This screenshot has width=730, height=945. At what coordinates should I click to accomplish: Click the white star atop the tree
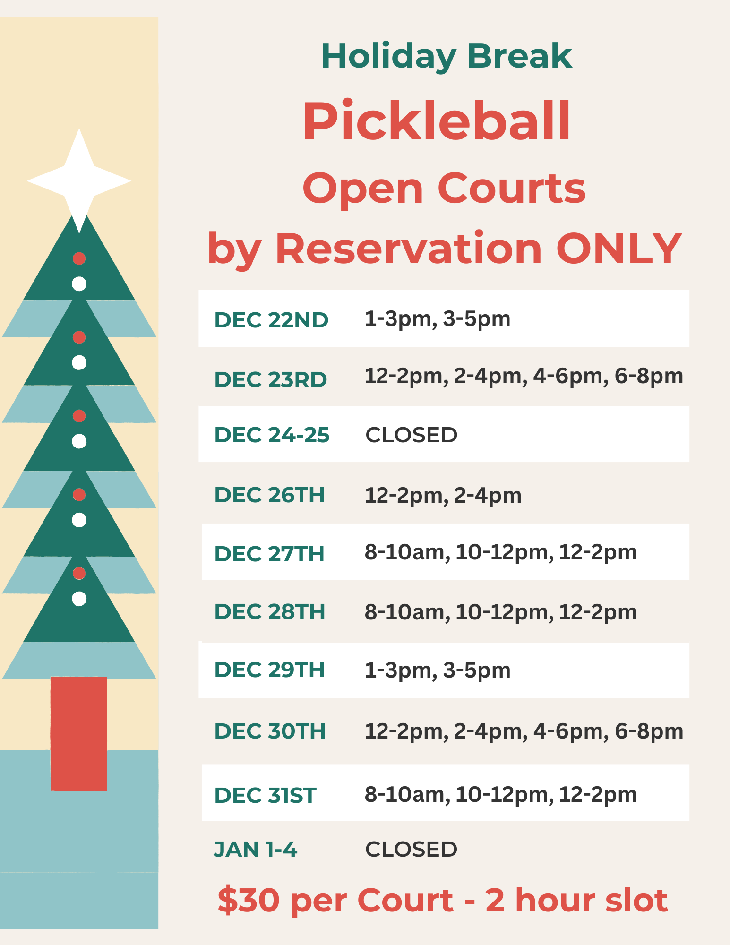point(79,180)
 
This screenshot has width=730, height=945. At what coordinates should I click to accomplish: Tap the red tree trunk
point(79,733)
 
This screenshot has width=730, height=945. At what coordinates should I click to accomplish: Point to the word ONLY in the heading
point(619,249)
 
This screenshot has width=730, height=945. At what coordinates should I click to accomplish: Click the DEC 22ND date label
point(271,320)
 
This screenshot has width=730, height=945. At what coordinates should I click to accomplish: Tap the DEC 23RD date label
point(271,379)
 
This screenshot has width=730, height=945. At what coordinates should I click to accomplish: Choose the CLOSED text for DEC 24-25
point(411,435)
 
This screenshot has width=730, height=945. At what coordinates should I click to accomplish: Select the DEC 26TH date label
point(270,495)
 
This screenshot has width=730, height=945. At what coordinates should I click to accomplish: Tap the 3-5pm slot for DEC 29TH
point(477,671)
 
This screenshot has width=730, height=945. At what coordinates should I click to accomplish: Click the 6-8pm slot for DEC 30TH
point(649,731)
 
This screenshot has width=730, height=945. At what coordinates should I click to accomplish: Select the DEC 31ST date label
point(265,795)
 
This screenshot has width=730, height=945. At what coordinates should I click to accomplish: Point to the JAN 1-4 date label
point(255,849)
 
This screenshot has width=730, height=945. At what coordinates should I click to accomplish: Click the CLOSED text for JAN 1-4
point(411,849)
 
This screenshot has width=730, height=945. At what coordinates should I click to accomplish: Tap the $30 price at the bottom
point(249,900)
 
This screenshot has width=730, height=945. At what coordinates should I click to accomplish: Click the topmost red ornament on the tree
point(79,258)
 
